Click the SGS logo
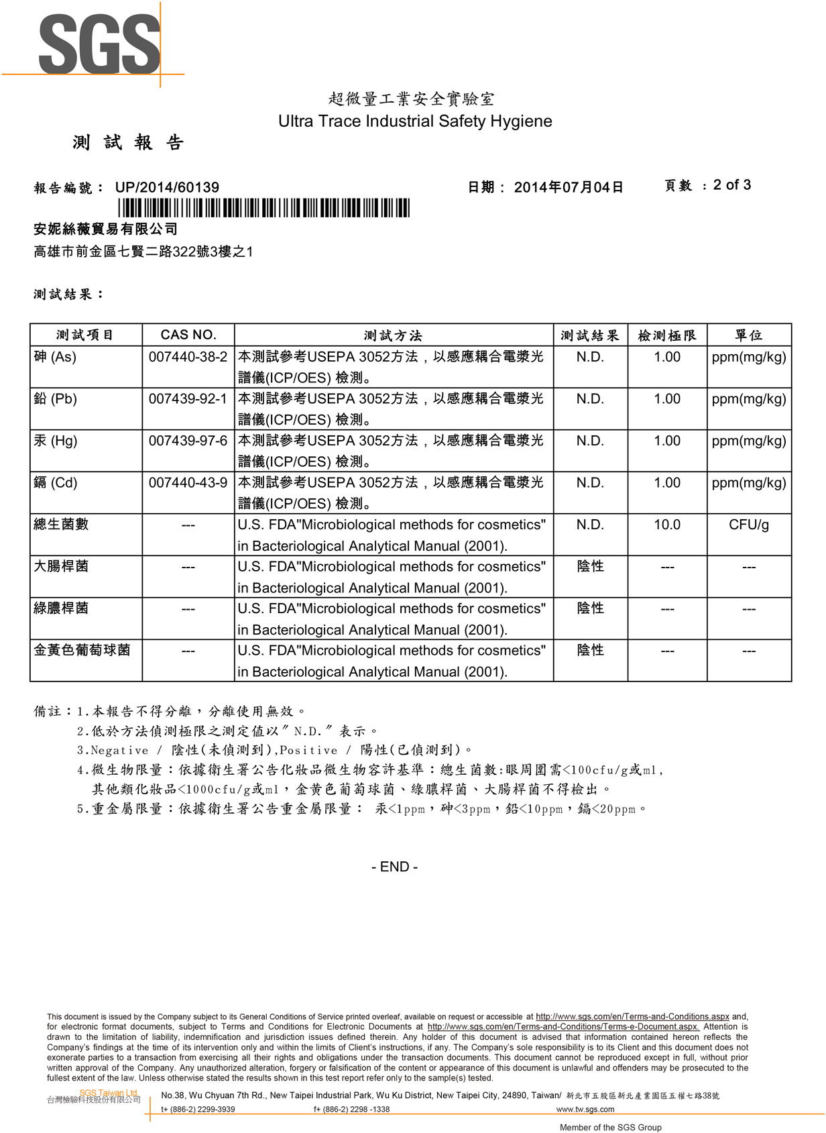(99, 44)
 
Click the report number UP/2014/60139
(167, 188)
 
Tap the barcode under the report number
(263, 208)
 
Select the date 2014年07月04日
(569, 188)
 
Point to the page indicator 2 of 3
(731, 185)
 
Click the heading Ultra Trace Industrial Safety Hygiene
(415, 121)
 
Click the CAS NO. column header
(188, 335)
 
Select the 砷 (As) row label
(55, 357)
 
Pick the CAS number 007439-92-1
(188, 399)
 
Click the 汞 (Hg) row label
(56, 441)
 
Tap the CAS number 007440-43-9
(188, 483)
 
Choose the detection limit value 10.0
(667, 525)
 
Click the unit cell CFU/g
(749, 525)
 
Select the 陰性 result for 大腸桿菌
(590, 567)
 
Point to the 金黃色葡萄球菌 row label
(82, 650)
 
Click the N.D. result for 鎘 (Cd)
(590, 483)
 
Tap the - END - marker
(395, 867)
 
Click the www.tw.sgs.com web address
(585, 1110)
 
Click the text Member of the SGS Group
(610, 1128)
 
